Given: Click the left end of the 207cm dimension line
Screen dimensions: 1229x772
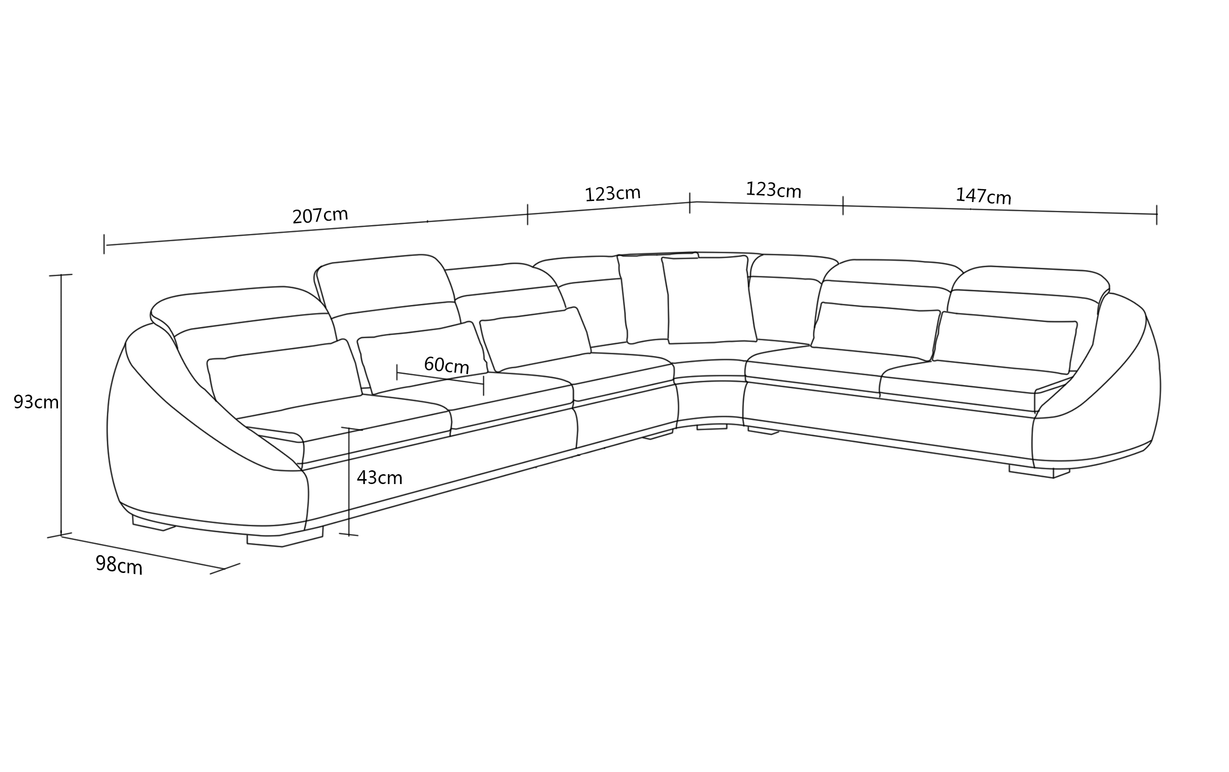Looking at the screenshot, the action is coord(105,245).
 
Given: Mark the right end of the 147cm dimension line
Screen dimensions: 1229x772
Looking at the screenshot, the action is coord(1157,214).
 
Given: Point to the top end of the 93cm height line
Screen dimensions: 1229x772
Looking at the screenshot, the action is coord(61,275).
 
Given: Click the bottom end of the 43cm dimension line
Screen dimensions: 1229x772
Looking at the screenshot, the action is coord(349,535).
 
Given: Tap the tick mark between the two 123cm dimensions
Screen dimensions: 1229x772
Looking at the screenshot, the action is coord(690,202).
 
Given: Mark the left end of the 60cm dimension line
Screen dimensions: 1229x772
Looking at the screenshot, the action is coord(397,372).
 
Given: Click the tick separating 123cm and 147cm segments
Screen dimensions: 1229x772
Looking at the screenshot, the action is coord(843,205).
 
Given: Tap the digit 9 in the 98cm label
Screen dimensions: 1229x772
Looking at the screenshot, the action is coord(101,563).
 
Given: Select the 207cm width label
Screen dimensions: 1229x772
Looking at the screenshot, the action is coord(320,215).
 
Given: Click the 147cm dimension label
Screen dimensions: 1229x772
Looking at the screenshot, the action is coord(983,196).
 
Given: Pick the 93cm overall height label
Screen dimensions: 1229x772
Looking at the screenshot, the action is coord(36,402).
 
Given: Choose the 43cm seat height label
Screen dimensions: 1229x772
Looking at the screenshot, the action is coord(379,478).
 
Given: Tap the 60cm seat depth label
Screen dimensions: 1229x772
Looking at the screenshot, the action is coord(446,365).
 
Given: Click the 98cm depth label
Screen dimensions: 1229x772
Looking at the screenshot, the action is coord(119,565).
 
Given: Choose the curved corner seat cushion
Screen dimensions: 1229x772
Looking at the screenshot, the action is coord(709,369).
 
